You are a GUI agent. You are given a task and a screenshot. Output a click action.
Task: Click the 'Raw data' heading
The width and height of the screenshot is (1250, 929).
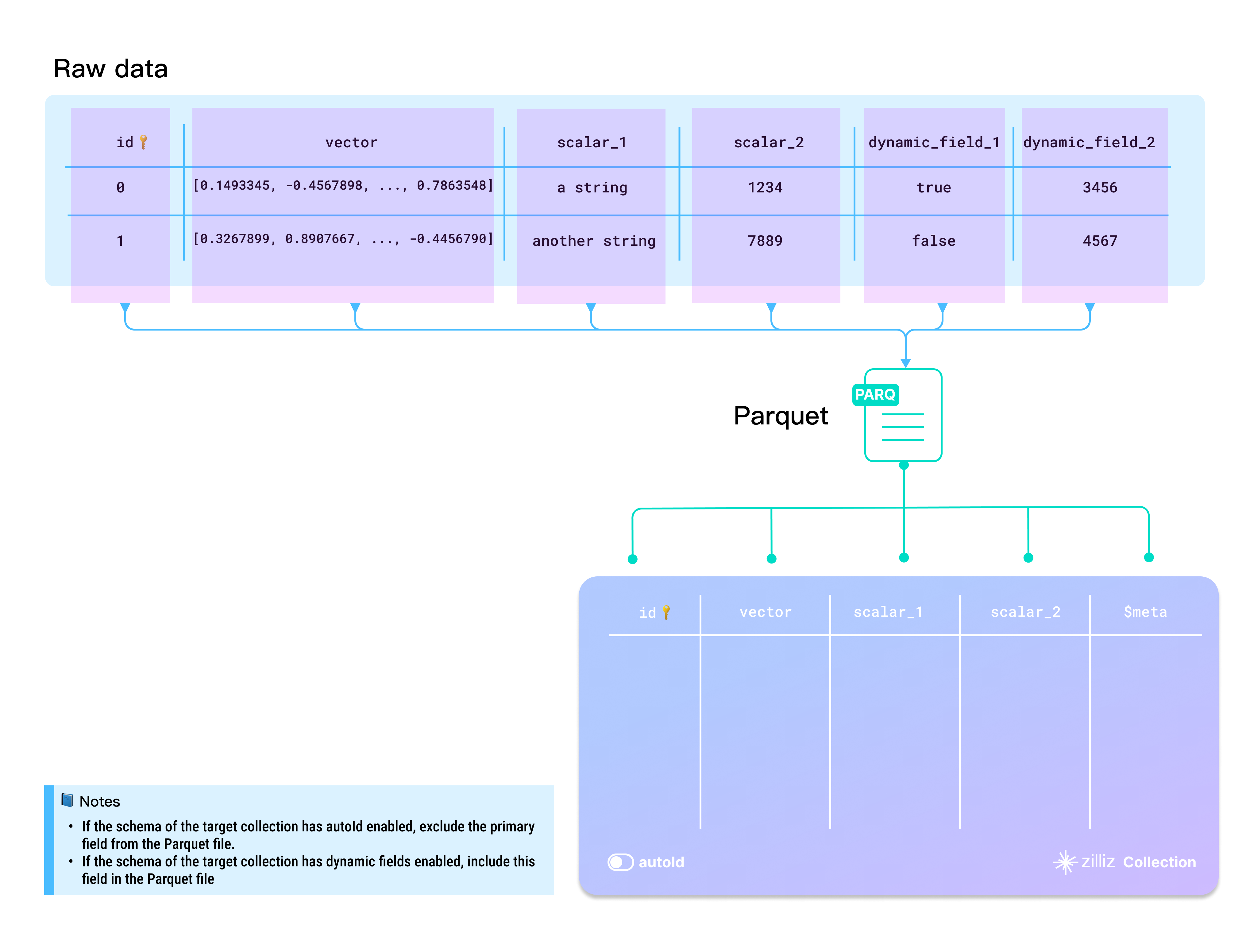point(111,69)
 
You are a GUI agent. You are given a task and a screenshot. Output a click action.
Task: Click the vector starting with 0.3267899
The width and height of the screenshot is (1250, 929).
point(343,238)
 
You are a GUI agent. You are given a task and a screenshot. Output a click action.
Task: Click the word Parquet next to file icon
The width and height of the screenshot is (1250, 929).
point(780,416)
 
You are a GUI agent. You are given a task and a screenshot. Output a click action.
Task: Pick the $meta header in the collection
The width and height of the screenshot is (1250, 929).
point(1145,612)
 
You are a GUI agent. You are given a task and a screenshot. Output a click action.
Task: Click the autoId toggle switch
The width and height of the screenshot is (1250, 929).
point(620,862)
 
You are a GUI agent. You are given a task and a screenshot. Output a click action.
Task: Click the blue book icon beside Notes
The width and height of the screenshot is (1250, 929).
point(67,800)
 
